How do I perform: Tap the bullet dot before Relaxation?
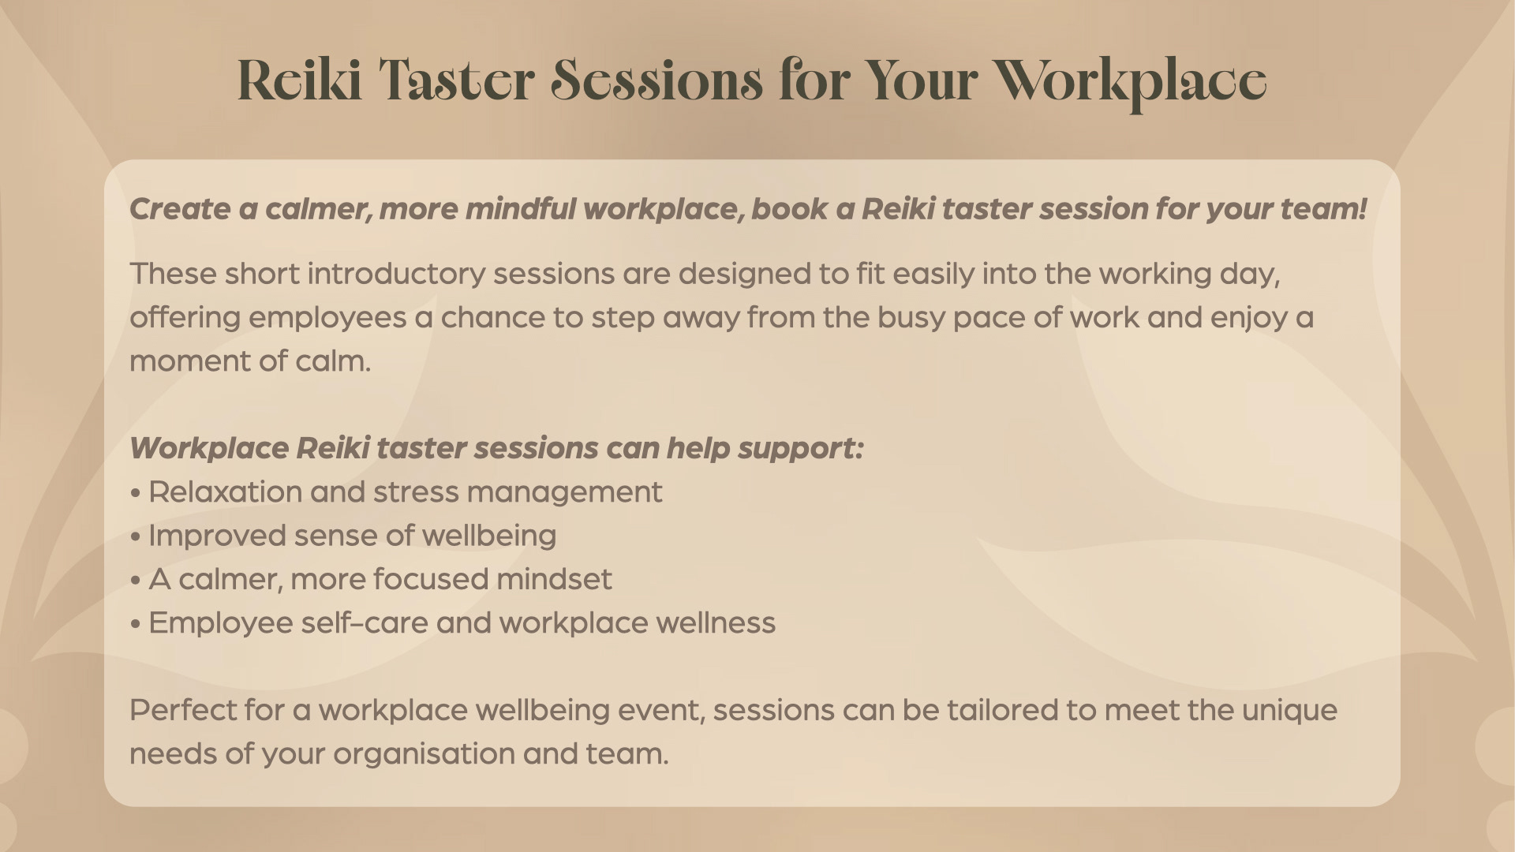[136, 493]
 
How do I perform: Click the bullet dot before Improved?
[136, 536]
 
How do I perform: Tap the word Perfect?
[182, 710]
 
